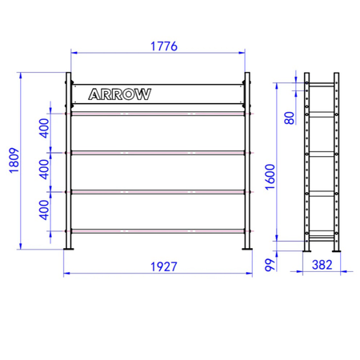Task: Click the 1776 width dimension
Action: click(x=164, y=46)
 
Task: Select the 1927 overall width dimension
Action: click(x=164, y=266)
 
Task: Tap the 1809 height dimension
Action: click(x=14, y=161)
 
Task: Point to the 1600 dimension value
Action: click(x=270, y=177)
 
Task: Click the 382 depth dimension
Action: click(x=322, y=265)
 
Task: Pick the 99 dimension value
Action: click(x=270, y=265)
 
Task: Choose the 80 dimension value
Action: click(x=290, y=118)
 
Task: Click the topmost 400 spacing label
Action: click(x=44, y=128)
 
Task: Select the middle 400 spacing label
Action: click(x=44, y=170)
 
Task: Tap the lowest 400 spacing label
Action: click(x=44, y=210)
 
